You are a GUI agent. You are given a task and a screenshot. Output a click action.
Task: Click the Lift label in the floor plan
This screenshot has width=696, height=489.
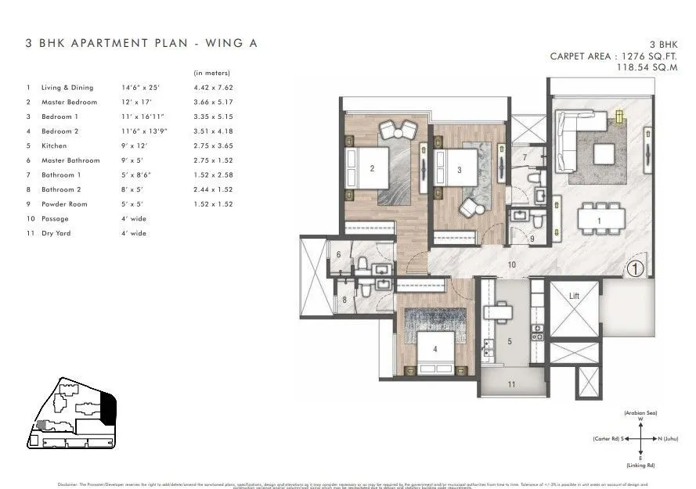click(x=574, y=296)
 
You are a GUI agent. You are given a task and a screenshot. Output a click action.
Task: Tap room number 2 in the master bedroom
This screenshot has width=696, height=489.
click(x=372, y=167)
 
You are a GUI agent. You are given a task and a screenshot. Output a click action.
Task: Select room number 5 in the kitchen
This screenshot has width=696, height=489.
click(x=509, y=341)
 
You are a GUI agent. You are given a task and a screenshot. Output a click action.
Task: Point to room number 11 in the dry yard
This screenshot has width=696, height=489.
click(x=512, y=384)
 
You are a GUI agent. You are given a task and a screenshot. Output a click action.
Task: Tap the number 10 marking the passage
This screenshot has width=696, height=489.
click(x=511, y=265)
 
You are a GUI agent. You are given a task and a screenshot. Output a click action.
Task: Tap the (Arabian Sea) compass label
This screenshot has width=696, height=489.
click(x=640, y=412)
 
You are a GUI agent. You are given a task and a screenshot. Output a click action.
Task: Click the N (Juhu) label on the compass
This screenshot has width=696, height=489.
click(x=667, y=439)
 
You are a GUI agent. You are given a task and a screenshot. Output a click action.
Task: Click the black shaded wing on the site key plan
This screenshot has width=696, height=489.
click(x=109, y=407)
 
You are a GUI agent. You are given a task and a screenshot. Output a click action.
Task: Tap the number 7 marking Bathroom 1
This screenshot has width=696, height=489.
click(x=525, y=158)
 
